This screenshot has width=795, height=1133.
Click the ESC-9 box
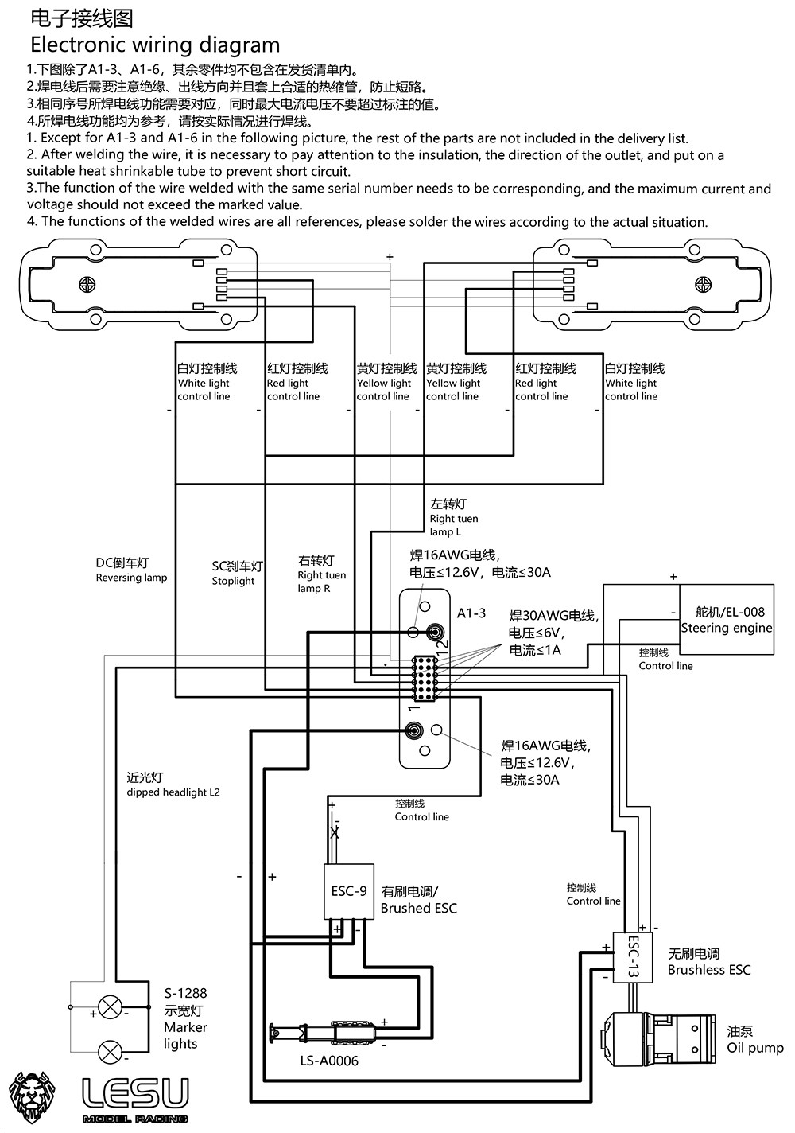tap(349, 891)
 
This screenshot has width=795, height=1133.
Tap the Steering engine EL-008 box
tap(726, 620)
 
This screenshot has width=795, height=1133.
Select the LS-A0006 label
tap(329, 1061)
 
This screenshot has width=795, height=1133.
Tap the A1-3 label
tap(471, 613)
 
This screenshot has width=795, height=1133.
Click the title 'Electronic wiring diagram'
tap(155, 45)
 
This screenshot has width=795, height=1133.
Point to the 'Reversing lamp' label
tap(131, 578)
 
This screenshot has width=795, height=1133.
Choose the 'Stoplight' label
tap(233, 581)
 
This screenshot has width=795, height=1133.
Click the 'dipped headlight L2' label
tap(173, 792)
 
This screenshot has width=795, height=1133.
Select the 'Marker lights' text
tap(185, 1035)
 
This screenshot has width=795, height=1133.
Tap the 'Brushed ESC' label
tap(419, 908)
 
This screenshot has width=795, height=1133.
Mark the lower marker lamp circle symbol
tap(109, 1051)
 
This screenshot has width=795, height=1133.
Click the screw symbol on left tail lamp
tap(87, 284)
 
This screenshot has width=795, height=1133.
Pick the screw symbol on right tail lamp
tap(704, 284)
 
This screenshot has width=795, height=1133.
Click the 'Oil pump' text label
tap(755, 1048)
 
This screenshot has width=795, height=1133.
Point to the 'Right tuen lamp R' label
tap(322, 582)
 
